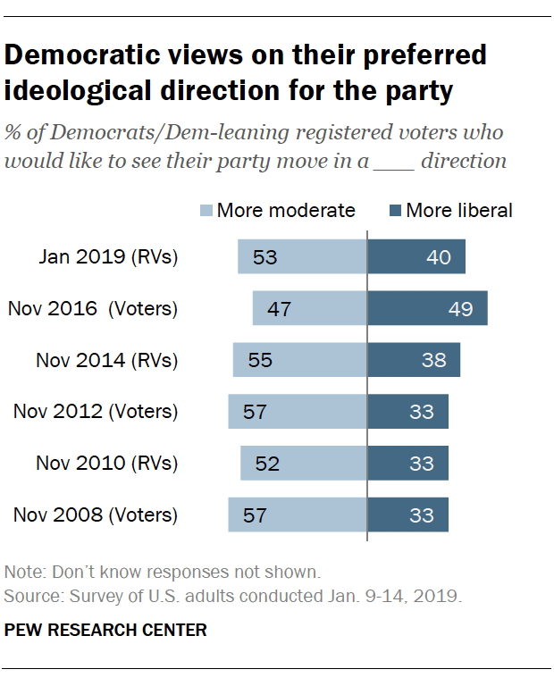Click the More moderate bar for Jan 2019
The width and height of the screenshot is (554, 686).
[302, 257]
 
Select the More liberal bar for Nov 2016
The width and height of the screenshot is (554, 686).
[427, 309]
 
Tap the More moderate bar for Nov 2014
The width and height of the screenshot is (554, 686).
[299, 361]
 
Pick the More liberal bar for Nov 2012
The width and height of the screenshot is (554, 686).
[407, 412]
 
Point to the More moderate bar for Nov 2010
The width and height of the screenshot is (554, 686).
[303, 464]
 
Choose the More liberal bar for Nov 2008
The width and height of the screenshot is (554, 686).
[407, 515]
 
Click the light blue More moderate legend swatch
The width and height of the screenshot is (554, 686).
[206, 211]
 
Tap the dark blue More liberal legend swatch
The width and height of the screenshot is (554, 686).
[394, 211]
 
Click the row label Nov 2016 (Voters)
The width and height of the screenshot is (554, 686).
[93, 309]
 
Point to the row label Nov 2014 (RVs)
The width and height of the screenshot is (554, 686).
[107, 361]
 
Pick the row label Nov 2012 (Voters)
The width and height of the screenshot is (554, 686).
[96, 412]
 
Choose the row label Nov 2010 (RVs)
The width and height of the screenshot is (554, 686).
[107, 464]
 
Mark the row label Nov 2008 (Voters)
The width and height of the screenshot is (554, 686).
[96, 515]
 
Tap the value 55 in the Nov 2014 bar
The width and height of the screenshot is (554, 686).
[259, 361]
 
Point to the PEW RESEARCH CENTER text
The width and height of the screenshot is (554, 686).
[105, 631]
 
